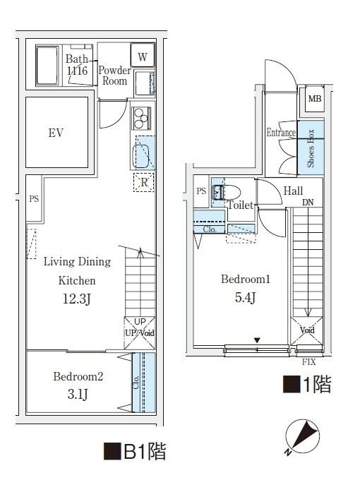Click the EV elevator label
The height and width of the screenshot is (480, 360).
56,133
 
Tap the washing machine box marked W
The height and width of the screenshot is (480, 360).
142,56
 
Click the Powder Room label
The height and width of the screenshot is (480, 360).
114,76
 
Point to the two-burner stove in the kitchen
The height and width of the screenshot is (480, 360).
140,115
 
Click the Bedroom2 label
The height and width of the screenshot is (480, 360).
78,377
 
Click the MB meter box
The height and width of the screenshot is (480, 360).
314,98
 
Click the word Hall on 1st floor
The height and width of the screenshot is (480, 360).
293,191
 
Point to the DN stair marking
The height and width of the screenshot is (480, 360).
307,203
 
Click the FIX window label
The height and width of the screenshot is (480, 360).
308,362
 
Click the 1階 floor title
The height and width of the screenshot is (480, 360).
306,385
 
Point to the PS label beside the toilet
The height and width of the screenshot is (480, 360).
201,191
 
